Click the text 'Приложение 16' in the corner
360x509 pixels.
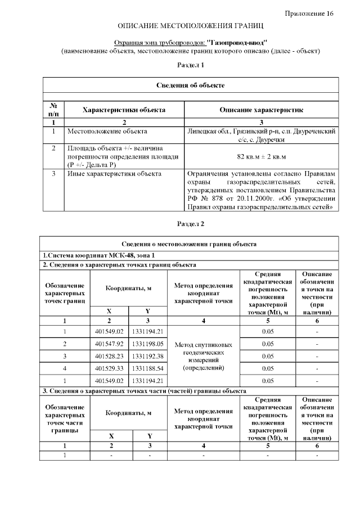pyautogui.click(x=309, y=13)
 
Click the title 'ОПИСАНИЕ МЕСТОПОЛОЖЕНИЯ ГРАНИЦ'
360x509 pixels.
pyautogui.click(x=190, y=26)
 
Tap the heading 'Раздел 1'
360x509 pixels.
pyautogui.click(x=190, y=65)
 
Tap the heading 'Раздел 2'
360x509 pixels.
pyautogui.click(x=190, y=224)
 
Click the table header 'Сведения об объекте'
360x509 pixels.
pyautogui.click(x=190, y=85)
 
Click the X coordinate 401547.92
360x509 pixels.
pyautogui.click(x=109, y=343)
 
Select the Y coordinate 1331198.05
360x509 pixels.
pyautogui.click(x=148, y=343)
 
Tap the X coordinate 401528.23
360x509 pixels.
pyautogui.click(x=109, y=356)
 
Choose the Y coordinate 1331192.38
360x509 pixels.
pyautogui.click(x=148, y=356)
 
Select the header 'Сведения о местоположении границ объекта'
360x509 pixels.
pyautogui.click(x=190, y=244)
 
